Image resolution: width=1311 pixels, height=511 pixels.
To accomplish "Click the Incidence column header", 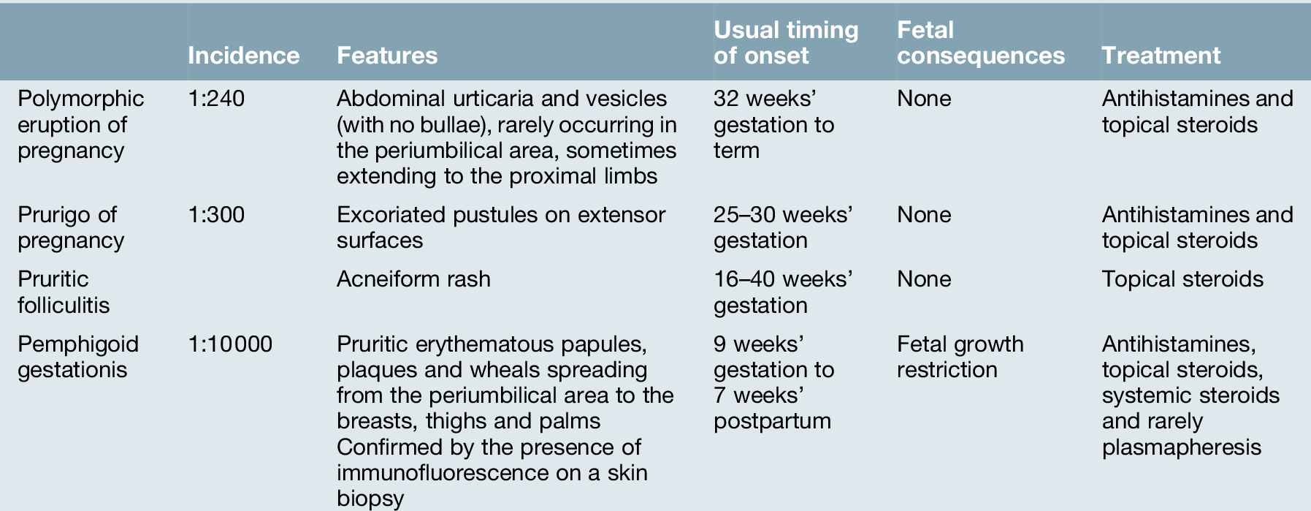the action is click(x=243, y=56).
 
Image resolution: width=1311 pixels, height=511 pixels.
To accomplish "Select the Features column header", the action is click(x=387, y=56).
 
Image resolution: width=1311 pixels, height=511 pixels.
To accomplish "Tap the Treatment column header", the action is click(x=1161, y=56).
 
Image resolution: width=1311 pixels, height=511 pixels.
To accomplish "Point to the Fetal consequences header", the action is click(x=980, y=42).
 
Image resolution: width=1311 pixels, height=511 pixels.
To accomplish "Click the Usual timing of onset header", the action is click(x=786, y=42).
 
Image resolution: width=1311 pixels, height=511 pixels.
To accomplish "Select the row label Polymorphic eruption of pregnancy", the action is click(x=80, y=124).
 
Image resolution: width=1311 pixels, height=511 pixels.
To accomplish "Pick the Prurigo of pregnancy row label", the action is click(x=71, y=227).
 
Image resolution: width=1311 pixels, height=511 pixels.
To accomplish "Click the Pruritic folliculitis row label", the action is click(x=64, y=292).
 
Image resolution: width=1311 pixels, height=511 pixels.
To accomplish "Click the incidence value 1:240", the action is click(x=216, y=99).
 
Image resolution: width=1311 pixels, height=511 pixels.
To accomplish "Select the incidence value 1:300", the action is click(x=216, y=215).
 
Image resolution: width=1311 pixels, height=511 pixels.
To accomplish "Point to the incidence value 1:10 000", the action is click(x=230, y=344).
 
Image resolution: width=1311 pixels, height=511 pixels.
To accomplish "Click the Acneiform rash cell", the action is click(x=413, y=279).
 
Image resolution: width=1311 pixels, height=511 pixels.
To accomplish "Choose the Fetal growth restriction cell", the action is click(x=960, y=357).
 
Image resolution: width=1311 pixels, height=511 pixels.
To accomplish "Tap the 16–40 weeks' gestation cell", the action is click(x=783, y=292).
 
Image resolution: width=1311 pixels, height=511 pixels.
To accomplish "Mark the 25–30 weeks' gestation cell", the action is click(x=783, y=227).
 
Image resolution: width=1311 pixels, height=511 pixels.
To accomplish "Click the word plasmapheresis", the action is click(x=1181, y=447).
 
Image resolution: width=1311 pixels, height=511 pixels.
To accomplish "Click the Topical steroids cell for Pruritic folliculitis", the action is click(x=1182, y=280).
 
